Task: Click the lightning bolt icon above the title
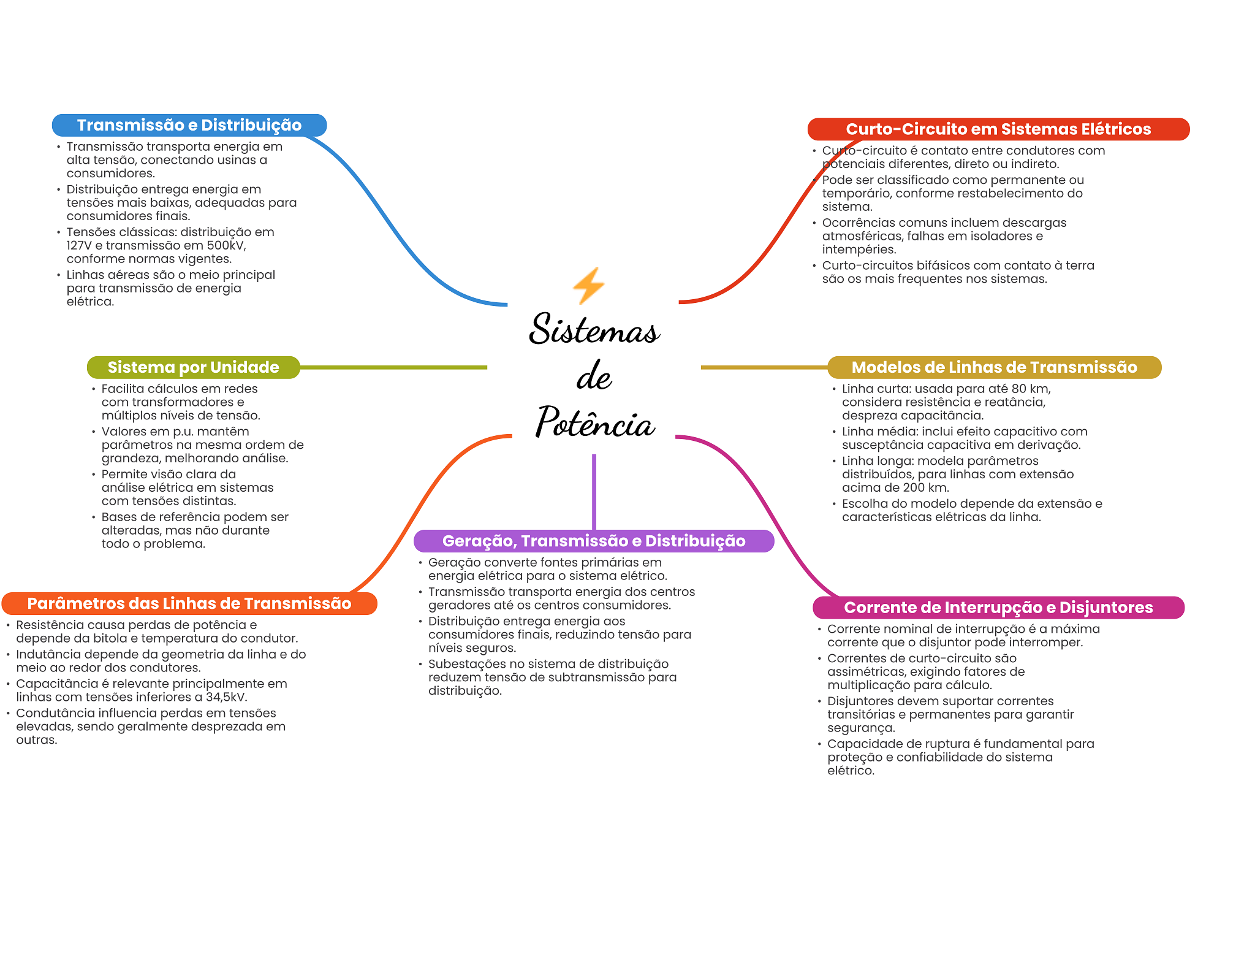coord(588,286)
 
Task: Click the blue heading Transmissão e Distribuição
coord(189,125)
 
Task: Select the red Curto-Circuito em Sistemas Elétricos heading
coord(998,129)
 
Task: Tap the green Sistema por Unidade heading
coord(193,367)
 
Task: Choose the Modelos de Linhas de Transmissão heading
coord(994,367)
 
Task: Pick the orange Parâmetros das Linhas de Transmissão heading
coord(189,603)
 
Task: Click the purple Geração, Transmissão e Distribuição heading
coord(594,541)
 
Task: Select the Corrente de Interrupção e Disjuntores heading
coord(998,608)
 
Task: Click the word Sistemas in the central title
coord(594,329)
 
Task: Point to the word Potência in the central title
coord(595,421)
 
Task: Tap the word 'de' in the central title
coord(594,375)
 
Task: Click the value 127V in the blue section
coord(79,245)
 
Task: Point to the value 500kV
coord(226,245)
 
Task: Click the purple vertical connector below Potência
coord(594,492)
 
